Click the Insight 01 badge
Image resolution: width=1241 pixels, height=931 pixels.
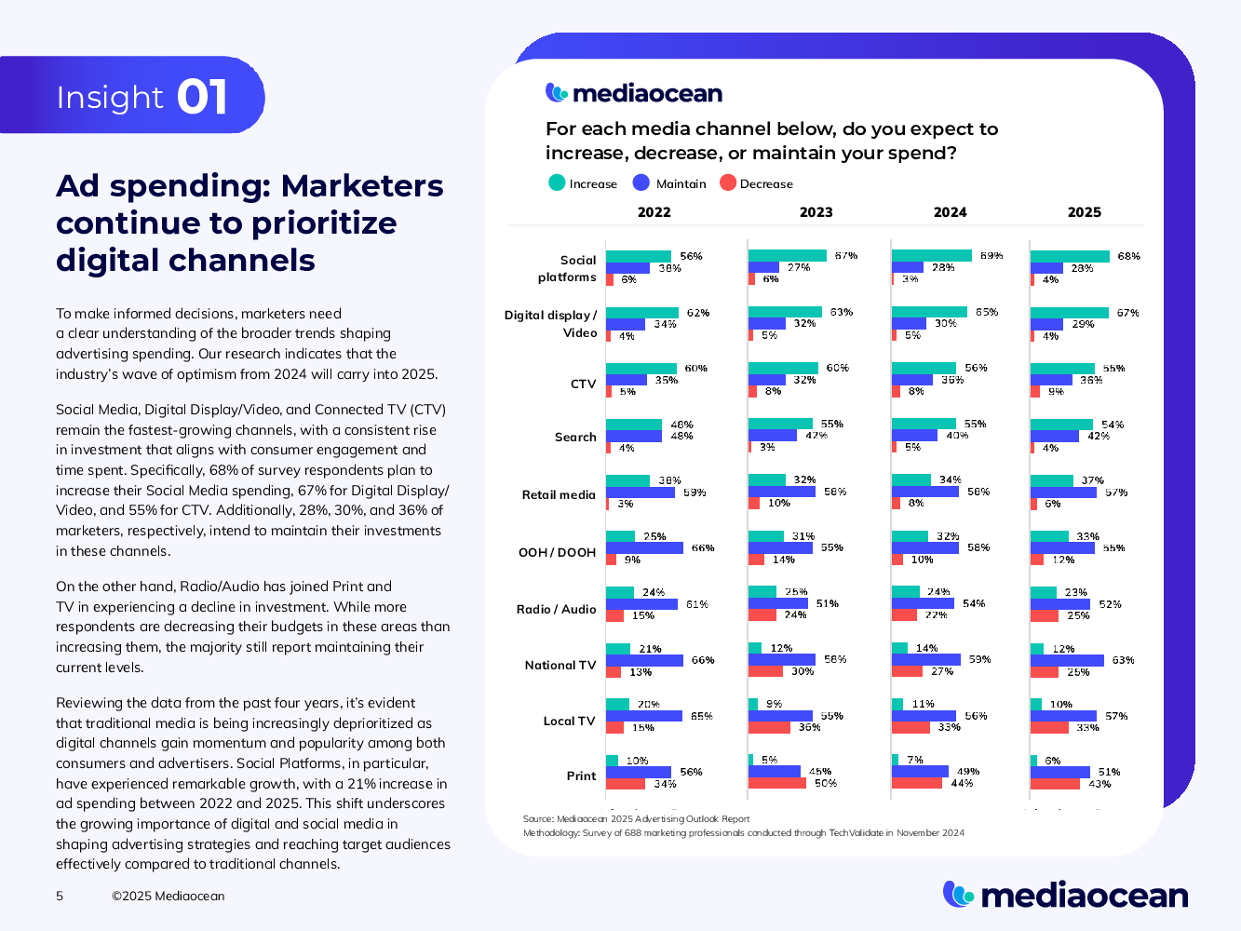142,96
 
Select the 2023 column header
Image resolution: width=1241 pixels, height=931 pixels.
816,212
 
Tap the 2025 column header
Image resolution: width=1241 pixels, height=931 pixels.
1084,212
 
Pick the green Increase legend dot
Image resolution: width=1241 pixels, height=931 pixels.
557,182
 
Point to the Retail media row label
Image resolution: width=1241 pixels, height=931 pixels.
559,494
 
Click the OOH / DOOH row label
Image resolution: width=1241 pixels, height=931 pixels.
557,552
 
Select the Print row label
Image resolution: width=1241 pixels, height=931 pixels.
581,776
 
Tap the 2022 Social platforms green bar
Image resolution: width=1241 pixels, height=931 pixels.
639,256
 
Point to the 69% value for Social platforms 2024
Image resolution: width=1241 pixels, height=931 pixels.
991,255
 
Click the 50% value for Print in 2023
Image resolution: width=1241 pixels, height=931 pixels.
825,783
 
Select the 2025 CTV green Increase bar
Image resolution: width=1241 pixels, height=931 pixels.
1062,369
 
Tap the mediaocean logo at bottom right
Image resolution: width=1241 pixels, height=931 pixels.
1065,895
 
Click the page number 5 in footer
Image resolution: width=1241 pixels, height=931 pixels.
60,896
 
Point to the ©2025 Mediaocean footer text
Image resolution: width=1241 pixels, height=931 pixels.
168,896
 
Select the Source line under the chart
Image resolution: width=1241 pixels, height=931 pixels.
636,819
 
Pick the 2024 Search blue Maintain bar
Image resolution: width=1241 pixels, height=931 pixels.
914,436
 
